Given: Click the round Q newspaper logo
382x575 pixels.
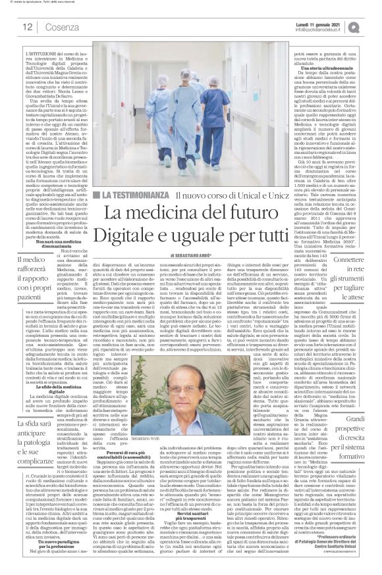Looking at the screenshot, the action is [372, 26].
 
